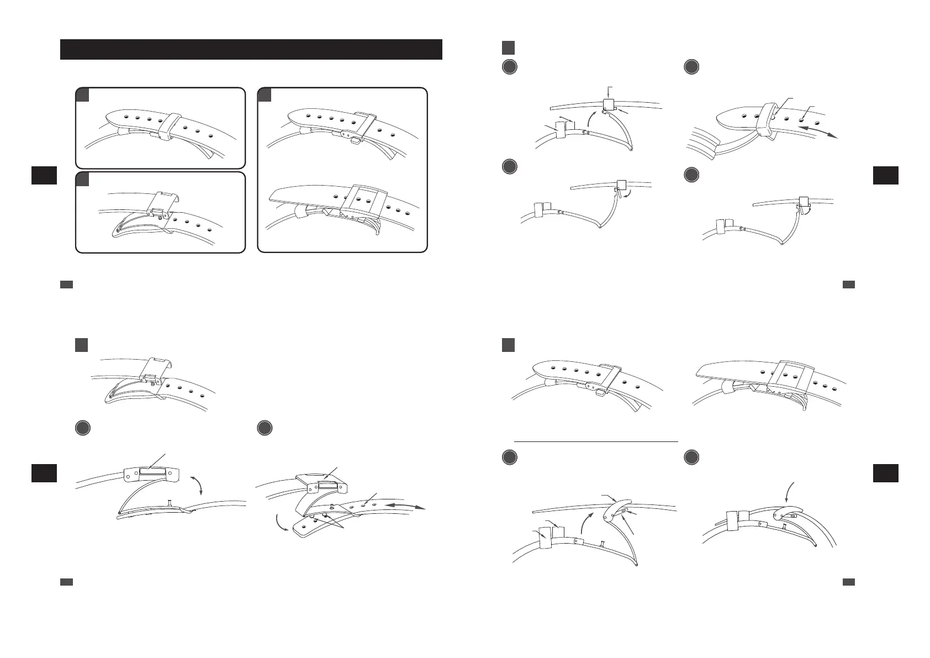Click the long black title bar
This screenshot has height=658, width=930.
click(251, 49)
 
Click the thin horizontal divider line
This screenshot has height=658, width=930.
click(595, 441)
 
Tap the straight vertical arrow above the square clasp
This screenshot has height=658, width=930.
click(607, 92)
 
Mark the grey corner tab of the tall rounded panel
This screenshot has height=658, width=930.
click(265, 95)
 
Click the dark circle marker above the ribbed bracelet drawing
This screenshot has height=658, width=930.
click(691, 67)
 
